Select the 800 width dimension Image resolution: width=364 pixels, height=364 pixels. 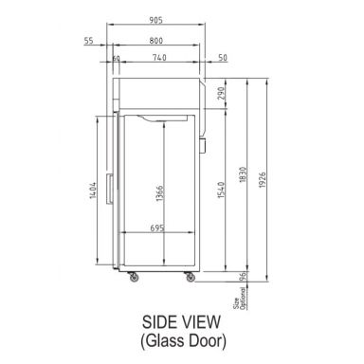(x=156, y=41)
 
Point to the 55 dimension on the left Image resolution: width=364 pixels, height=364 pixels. (x=88, y=41)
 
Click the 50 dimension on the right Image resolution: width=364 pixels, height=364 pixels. (x=222, y=59)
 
